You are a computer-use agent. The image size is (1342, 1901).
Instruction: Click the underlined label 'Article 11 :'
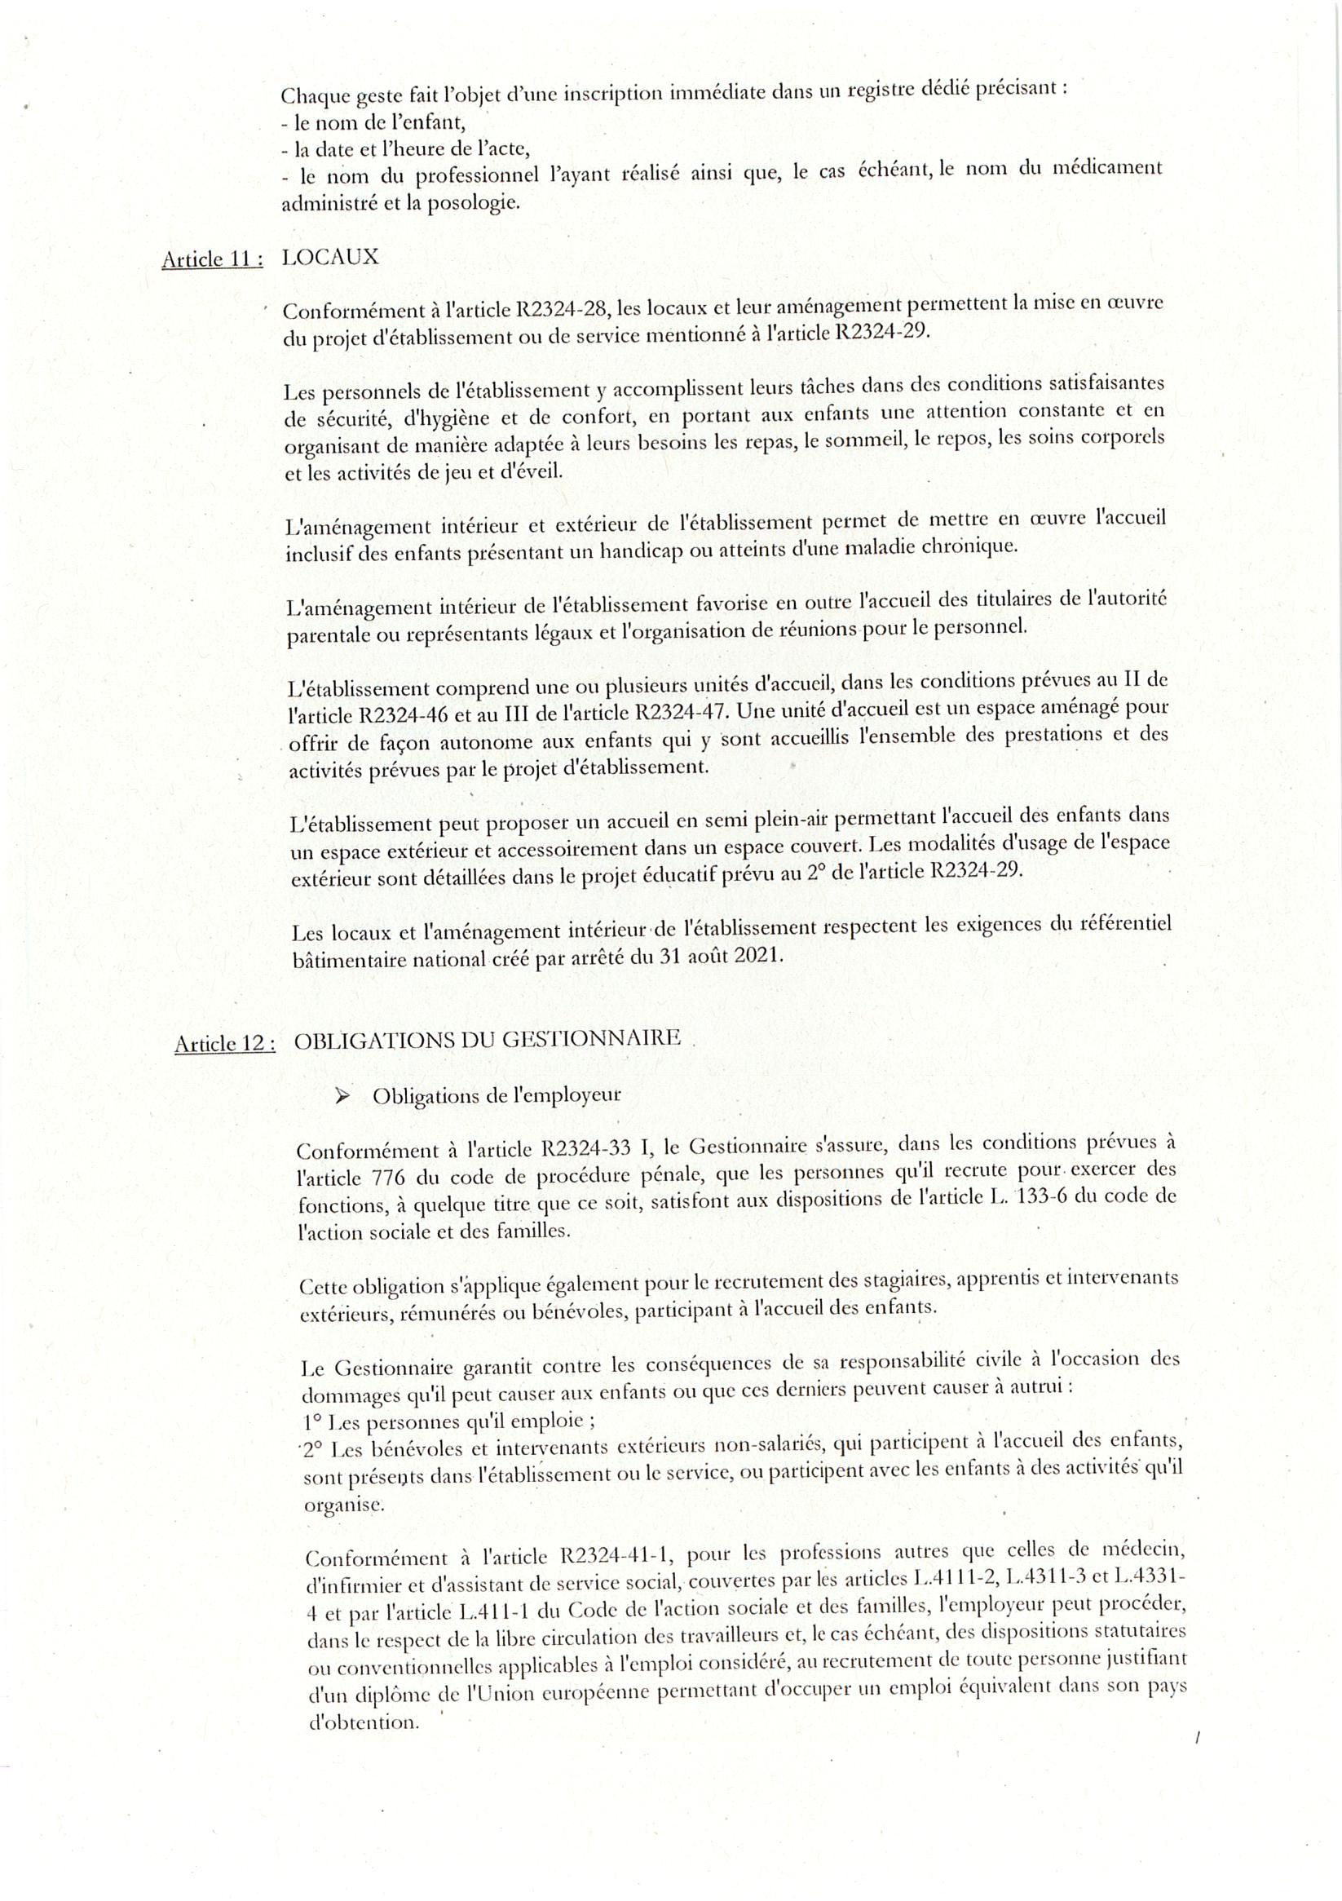pyautogui.click(x=212, y=260)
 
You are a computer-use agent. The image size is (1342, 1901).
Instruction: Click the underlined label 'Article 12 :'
pyautogui.click(x=224, y=1044)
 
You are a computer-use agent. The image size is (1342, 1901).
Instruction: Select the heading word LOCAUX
pyautogui.click(x=329, y=257)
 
